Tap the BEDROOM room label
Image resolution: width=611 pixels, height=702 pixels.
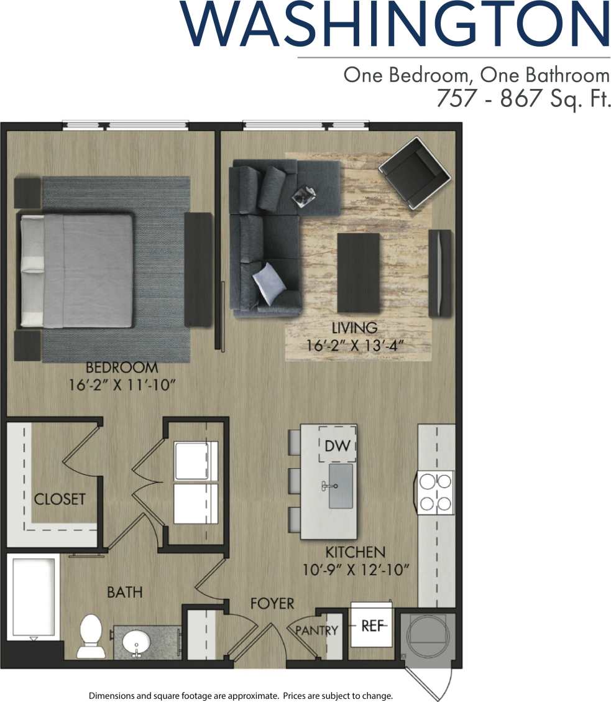coord(122,367)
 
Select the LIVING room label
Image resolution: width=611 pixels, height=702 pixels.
coord(354,328)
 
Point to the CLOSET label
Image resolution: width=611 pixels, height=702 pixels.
coord(60,499)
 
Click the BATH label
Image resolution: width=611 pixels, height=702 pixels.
coord(124,593)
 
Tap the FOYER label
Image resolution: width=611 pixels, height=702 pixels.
coord(272,604)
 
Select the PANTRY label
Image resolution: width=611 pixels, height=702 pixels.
coord(317,630)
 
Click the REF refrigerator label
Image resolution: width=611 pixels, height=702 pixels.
coord(373,626)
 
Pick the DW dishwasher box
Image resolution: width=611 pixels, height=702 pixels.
coord(338,445)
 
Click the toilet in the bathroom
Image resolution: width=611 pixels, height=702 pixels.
coord(91,635)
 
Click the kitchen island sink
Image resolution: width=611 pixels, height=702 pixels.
coord(341,486)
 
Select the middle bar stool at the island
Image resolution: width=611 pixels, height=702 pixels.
coord(294,481)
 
